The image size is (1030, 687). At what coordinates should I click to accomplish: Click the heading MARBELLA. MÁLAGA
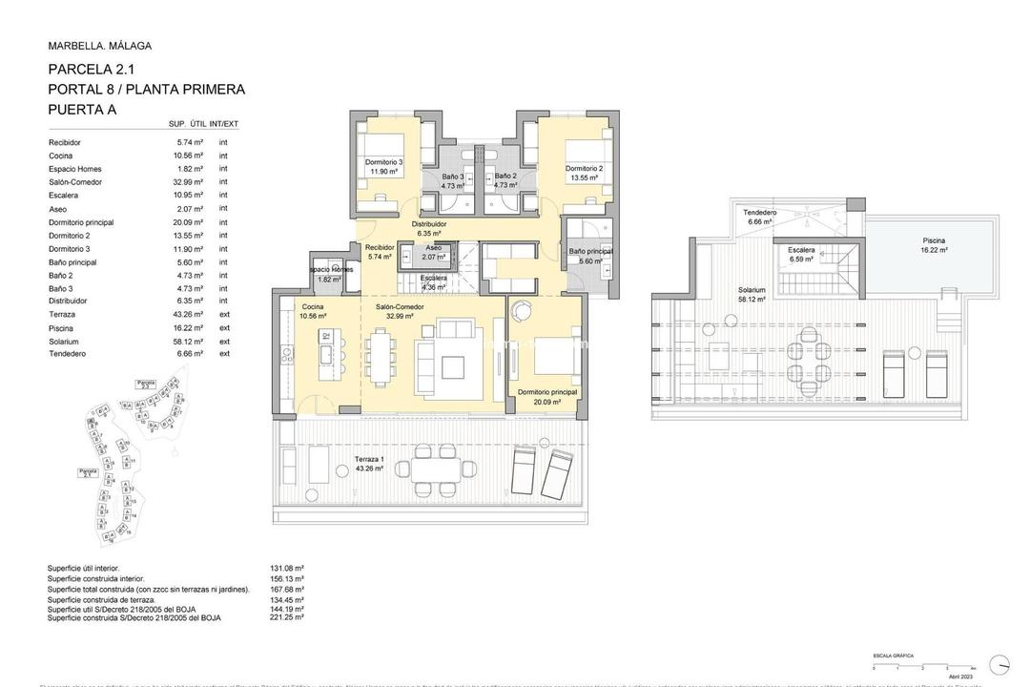(99, 46)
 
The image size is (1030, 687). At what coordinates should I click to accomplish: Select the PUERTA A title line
(82, 110)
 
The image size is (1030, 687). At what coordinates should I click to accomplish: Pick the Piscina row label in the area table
(62, 327)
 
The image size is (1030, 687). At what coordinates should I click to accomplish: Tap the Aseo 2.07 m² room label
(434, 253)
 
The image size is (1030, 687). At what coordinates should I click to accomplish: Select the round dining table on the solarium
(808, 373)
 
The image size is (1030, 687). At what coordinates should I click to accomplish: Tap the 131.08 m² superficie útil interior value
(286, 568)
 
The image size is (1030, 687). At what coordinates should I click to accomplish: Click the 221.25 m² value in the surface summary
(286, 617)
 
